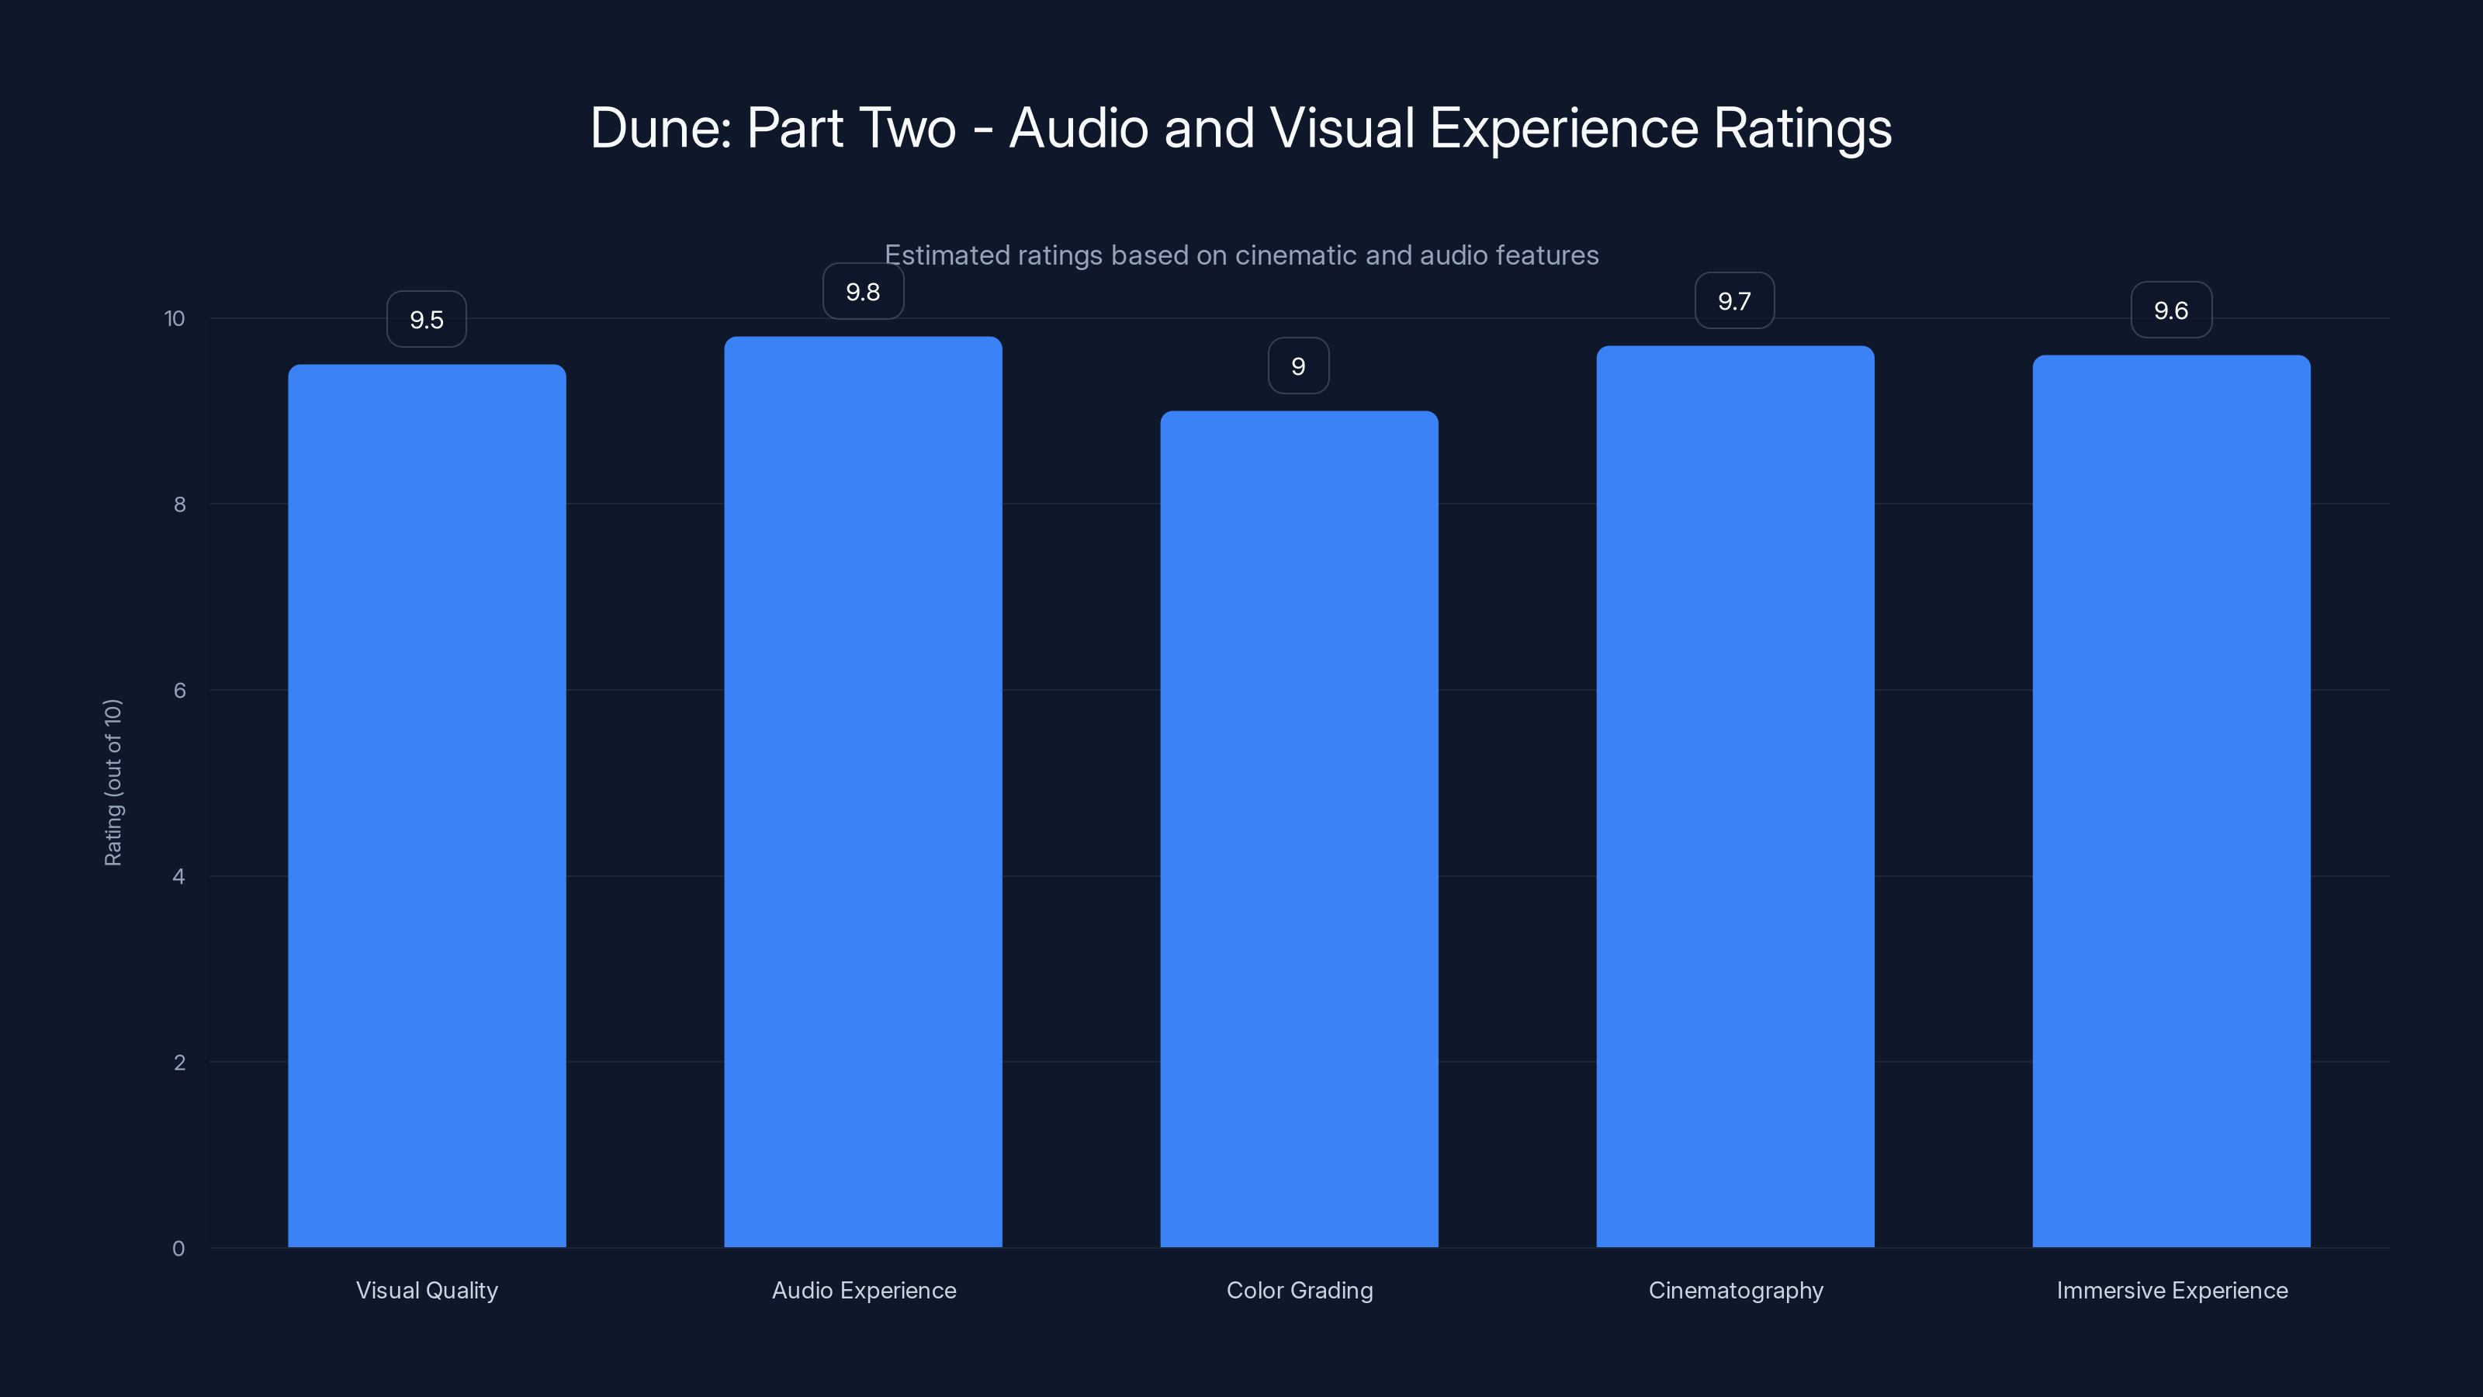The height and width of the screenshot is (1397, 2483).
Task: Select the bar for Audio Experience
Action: point(863,791)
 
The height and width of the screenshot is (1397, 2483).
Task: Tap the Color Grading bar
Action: point(1298,829)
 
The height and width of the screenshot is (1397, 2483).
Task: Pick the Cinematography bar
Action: point(1735,796)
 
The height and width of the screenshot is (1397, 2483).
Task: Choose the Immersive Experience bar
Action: point(2171,800)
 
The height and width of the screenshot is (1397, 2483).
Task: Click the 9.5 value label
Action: point(427,319)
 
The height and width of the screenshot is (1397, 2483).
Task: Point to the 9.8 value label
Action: point(863,291)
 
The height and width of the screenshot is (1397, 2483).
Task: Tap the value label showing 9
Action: point(1298,366)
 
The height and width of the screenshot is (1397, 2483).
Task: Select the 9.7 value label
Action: point(1735,301)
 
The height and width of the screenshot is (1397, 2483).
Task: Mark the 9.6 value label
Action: point(2171,310)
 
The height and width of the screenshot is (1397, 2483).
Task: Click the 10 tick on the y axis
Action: point(175,318)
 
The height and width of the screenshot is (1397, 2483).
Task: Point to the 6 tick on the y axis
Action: point(179,690)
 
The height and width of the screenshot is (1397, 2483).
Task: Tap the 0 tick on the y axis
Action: point(178,1249)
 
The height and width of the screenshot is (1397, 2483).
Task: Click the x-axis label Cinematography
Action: point(1735,1290)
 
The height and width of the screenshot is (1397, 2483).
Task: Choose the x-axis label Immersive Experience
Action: point(2172,1290)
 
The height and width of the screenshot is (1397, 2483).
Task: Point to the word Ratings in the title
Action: point(1802,128)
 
